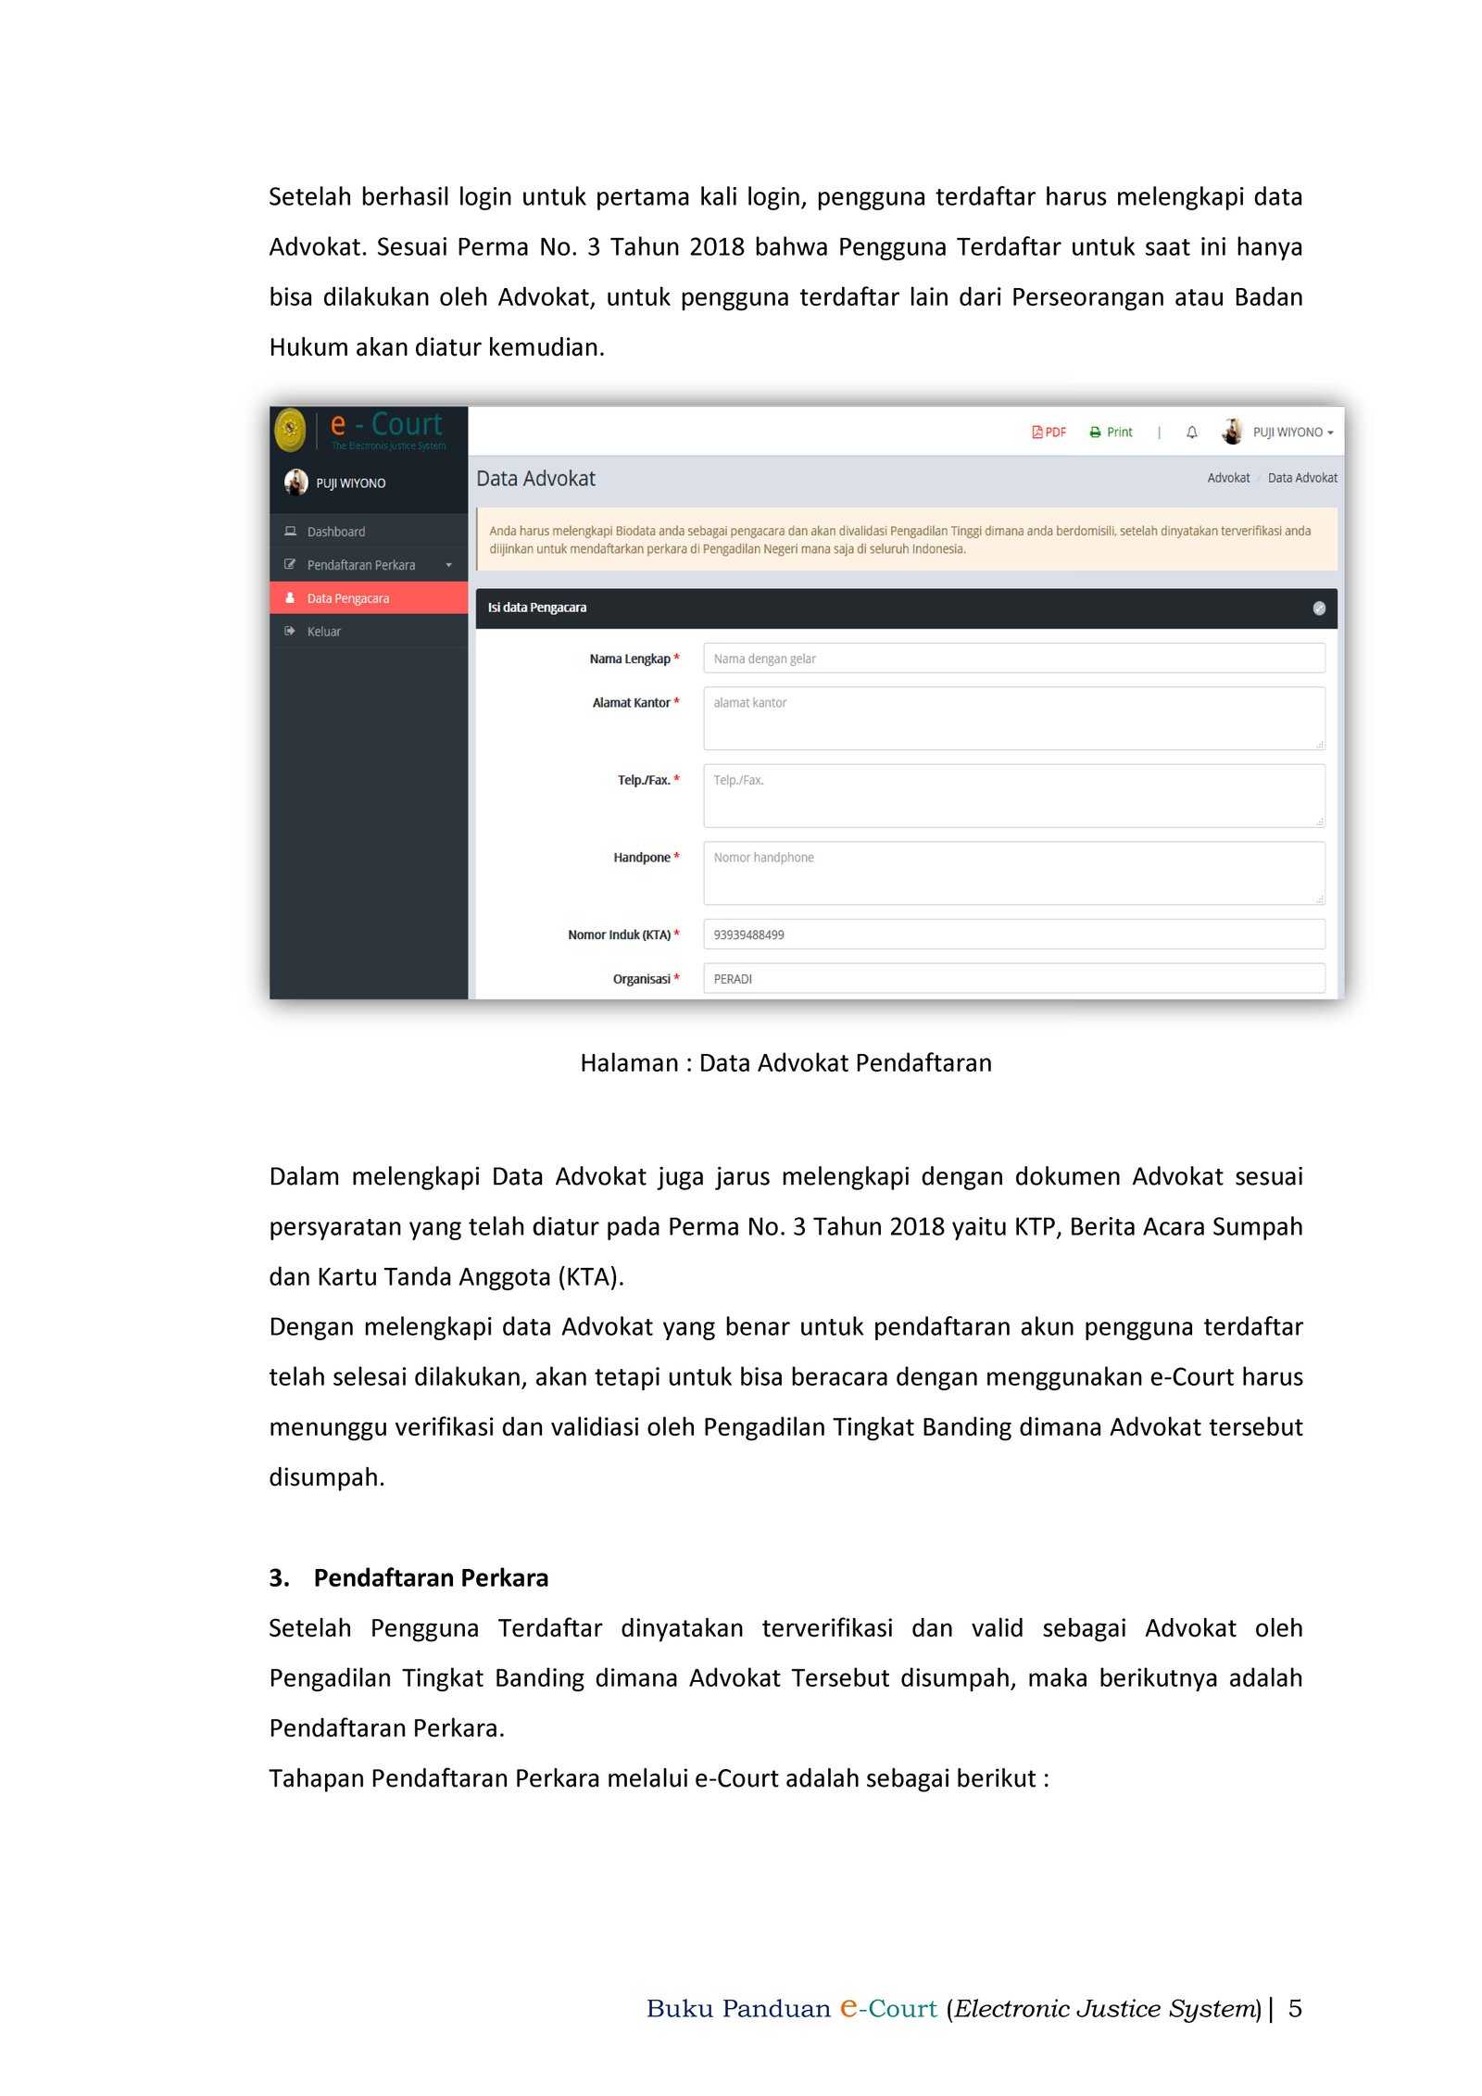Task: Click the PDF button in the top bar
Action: point(1049,433)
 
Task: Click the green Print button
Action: point(1111,433)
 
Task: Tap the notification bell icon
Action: point(1191,433)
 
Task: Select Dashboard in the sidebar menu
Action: point(335,532)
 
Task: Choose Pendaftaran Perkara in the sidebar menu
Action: point(361,565)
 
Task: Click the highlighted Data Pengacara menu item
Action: point(348,598)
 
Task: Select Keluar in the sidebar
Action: point(323,632)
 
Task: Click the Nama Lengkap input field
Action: point(1013,659)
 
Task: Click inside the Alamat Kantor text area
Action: point(1013,718)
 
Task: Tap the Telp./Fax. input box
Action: point(1013,795)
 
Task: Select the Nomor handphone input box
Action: point(1013,872)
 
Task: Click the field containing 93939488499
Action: point(1013,935)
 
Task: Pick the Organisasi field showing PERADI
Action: point(1013,978)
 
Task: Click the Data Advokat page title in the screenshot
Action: point(535,479)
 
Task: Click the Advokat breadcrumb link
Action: point(1227,478)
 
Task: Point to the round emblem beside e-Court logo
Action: point(290,430)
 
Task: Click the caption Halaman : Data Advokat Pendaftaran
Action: point(785,1062)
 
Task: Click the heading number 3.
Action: point(279,1577)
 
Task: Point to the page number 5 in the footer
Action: point(1294,2008)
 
